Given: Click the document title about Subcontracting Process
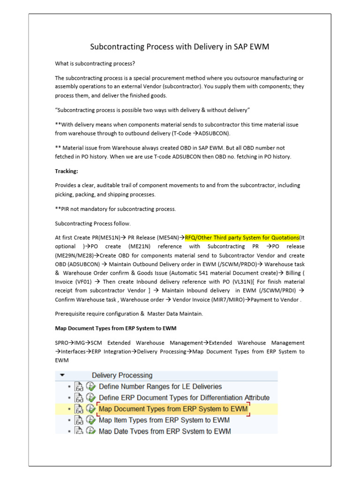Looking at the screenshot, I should tap(180, 47).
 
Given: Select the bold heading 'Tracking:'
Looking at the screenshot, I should tap(67, 171).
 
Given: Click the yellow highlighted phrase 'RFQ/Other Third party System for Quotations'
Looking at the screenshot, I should tap(242, 238).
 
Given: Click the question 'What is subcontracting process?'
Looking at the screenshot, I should tap(98, 63).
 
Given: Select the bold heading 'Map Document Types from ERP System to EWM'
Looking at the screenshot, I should tap(115, 328).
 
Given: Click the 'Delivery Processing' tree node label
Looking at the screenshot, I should tap(122, 375).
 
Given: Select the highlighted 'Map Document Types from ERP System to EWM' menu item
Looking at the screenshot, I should tap(173, 409).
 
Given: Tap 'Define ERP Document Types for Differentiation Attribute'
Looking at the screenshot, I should tap(184, 398).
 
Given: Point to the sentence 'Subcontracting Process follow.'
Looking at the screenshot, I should tap(93, 224).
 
